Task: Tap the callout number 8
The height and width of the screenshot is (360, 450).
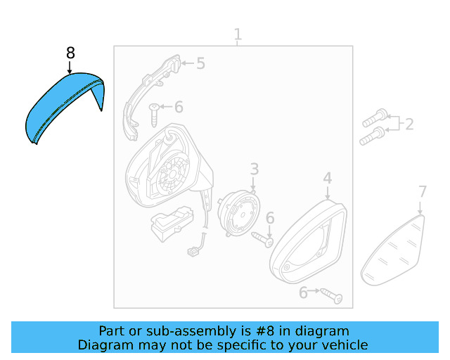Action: [x=70, y=53]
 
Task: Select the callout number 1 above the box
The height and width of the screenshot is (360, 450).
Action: [x=238, y=34]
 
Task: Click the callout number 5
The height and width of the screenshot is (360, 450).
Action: [x=201, y=63]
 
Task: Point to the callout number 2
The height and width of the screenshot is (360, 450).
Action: [x=409, y=124]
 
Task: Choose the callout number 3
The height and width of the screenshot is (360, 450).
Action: [x=255, y=169]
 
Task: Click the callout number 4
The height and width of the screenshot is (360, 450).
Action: [x=328, y=179]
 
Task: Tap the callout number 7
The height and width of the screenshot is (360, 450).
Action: [x=422, y=192]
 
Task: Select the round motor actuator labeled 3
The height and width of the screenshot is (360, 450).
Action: [x=238, y=213]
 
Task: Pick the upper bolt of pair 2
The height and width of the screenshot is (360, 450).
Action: [x=375, y=118]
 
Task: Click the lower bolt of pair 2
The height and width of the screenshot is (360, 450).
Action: [x=372, y=136]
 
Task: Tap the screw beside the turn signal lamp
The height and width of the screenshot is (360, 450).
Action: [x=154, y=115]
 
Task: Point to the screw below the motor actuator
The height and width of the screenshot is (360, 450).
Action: [x=262, y=240]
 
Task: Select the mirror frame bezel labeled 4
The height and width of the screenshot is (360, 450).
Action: [x=308, y=242]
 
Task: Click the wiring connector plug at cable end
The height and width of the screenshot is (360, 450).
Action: [x=191, y=252]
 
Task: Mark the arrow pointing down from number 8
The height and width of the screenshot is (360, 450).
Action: [x=70, y=67]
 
